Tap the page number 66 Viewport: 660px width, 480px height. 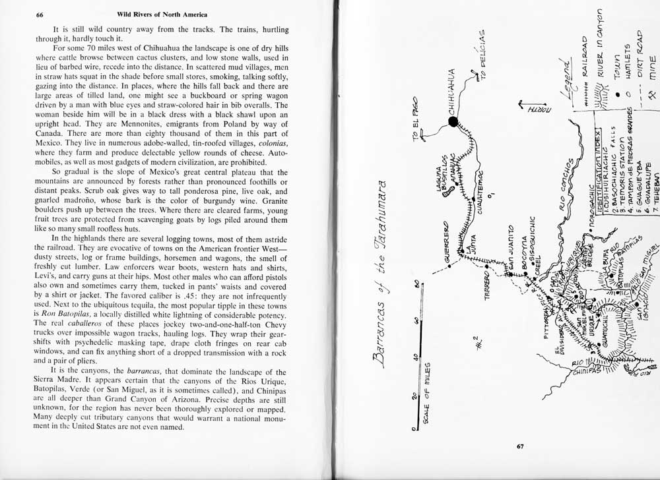[40, 15]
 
